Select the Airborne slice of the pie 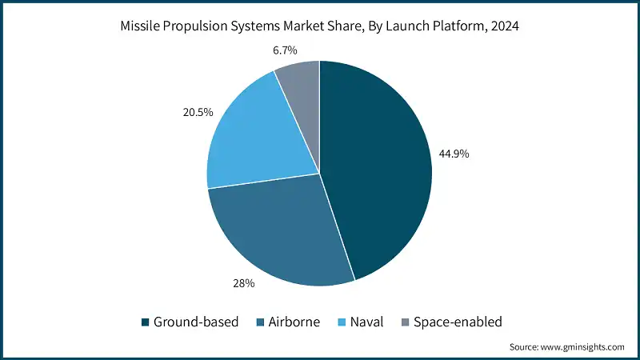coord(276,232)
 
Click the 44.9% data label coord(452,154)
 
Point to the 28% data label coord(243,283)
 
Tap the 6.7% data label coord(284,50)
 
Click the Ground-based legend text coord(195,322)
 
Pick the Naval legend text coord(366,322)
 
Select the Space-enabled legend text coord(457,322)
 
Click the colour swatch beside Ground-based coord(144,322)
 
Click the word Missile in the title coord(142,26)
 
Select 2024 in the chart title coord(504,26)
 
